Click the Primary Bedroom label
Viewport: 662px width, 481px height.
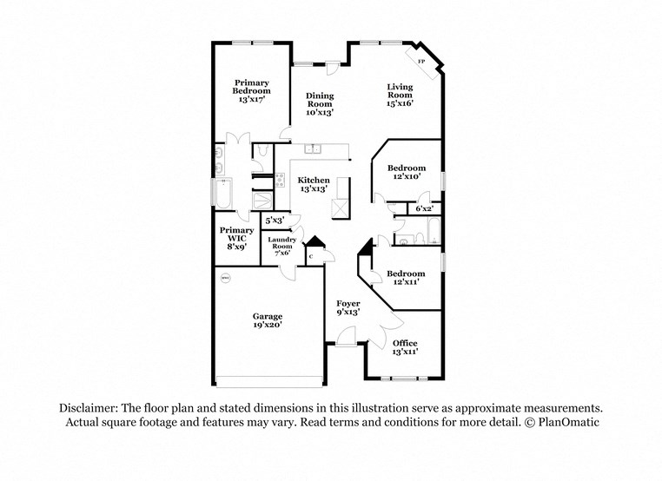click(x=251, y=90)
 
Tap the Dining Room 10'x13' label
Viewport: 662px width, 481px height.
click(x=320, y=103)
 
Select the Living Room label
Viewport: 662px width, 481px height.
click(x=400, y=95)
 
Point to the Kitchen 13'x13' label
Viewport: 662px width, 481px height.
click(x=314, y=184)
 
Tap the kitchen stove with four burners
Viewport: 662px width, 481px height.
click(x=280, y=181)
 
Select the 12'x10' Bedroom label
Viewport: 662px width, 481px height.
click(x=406, y=172)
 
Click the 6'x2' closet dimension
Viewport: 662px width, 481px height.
click(x=425, y=208)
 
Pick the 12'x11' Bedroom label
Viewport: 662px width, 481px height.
click(x=406, y=278)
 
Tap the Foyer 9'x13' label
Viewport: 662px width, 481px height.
click(x=348, y=307)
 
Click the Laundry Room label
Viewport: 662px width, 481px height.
click(x=282, y=246)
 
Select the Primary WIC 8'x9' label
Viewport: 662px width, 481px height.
click(x=236, y=239)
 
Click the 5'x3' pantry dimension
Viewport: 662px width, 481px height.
click(x=275, y=221)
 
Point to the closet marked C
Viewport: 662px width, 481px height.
click(x=310, y=256)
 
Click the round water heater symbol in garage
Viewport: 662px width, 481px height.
click(x=225, y=278)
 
